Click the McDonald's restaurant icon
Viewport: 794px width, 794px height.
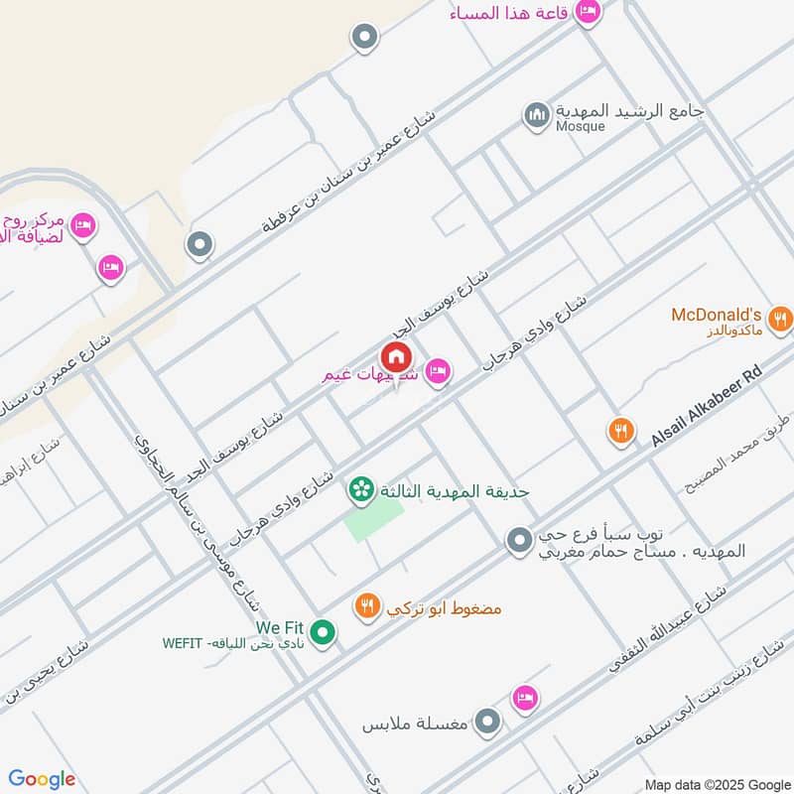[x=781, y=319]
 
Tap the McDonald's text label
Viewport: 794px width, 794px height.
[x=717, y=315]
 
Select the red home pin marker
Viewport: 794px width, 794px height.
[x=395, y=358]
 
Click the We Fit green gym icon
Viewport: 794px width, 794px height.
[x=322, y=631]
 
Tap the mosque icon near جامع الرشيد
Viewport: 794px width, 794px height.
[x=537, y=116]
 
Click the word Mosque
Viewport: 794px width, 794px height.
[x=580, y=126]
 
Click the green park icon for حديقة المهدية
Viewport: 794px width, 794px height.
[x=359, y=489]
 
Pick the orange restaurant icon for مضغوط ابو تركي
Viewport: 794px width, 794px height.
[x=367, y=605]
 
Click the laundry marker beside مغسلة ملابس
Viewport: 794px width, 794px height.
[x=486, y=722]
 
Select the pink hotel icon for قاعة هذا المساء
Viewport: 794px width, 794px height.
[x=589, y=12]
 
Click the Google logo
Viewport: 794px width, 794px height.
[x=42, y=779]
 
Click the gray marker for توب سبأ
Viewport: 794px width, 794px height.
[x=518, y=541]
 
